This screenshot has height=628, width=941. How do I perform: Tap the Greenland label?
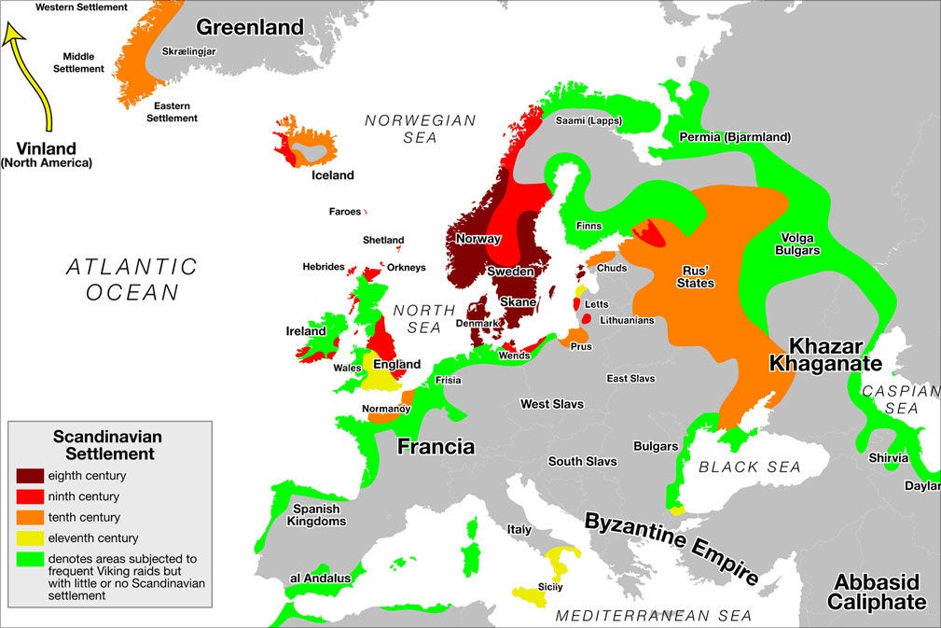point(250,27)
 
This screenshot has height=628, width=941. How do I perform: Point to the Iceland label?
point(333,175)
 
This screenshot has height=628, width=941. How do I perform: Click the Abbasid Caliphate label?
point(877,592)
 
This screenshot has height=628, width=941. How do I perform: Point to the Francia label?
point(436,446)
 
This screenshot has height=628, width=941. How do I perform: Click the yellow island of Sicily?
point(530,596)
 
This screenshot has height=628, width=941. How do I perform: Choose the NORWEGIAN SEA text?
point(420,129)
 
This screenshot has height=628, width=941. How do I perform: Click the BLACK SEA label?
point(751,467)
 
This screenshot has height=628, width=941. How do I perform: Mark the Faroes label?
point(344,212)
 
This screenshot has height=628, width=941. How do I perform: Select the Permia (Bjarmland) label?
point(734,137)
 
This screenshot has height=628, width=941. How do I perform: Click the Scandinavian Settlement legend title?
point(107,444)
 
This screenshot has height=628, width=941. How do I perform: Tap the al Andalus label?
point(320,579)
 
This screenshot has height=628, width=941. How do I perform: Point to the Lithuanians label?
point(626,320)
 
